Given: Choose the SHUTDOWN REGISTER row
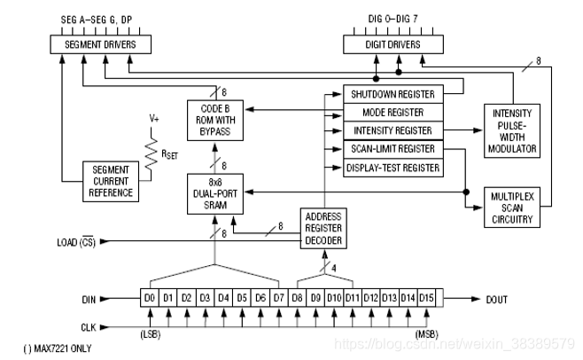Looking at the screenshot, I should (392, 94).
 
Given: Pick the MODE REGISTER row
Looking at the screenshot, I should (392, 113).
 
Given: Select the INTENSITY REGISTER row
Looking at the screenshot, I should (392, 130).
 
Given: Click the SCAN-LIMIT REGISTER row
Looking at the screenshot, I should (392, 149).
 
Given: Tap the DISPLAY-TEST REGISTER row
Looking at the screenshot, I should (392, 167).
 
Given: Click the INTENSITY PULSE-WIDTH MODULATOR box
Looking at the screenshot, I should (513, 132).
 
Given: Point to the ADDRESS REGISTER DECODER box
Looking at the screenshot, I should (323, 228).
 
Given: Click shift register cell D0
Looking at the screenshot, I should (150, 298).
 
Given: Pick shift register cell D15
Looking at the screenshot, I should (427, 298).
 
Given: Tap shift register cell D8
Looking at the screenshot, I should (298, 298).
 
